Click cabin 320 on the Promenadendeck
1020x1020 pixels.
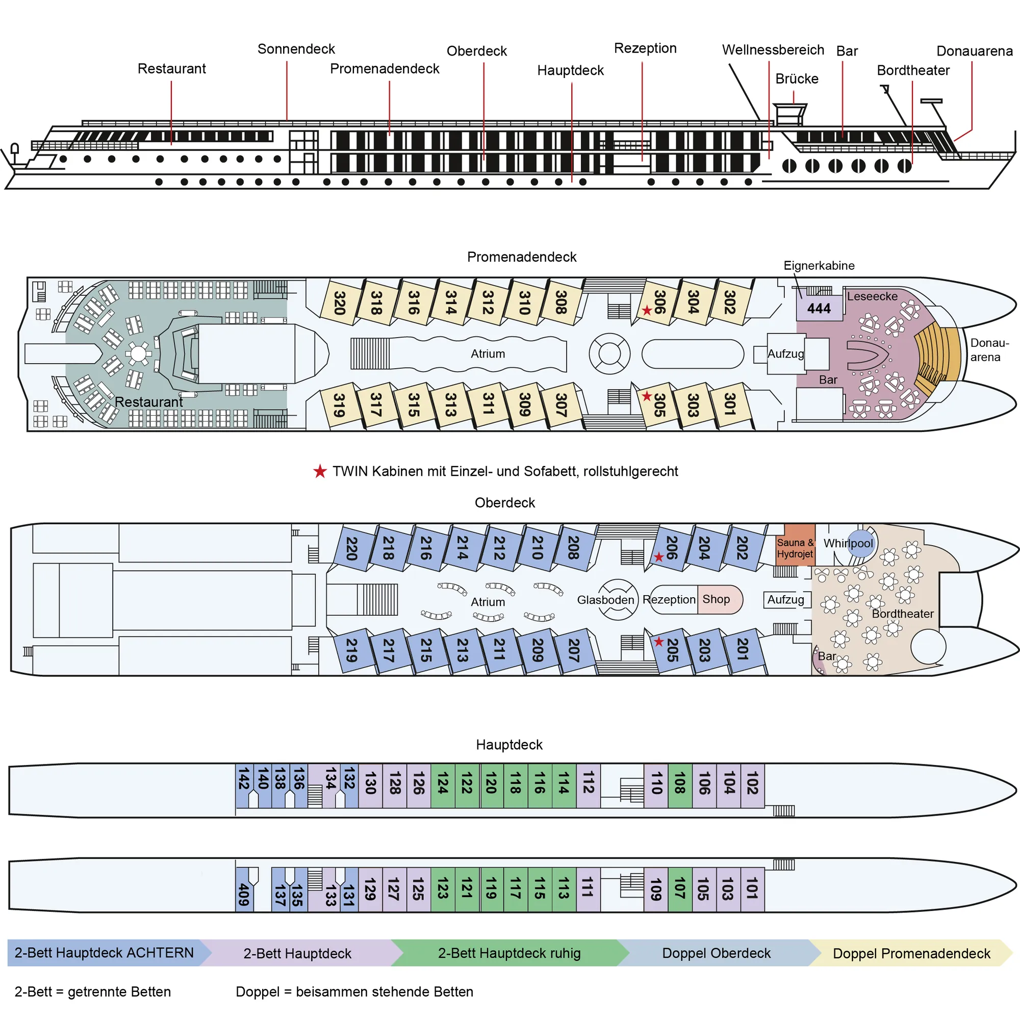pos(340,303)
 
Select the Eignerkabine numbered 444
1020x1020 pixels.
pos(819,309)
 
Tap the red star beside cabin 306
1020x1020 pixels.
pos(647,311)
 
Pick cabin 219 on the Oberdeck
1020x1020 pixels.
pos(351,650)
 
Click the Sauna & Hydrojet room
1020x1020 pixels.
pos(795,548)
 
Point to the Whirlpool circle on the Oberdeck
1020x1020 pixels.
pos(861,543)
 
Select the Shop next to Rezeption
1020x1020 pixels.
pos(717,599)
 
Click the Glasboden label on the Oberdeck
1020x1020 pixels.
pos(605,600)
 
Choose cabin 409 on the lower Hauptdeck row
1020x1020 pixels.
pos(244,895)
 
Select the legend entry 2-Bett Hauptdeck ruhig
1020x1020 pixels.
pos(509,953)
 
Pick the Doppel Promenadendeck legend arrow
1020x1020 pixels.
pos(911,953)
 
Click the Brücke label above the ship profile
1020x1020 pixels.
pos(797,79)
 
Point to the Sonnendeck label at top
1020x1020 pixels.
pos(296,49)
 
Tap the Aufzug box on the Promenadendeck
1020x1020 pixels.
pos(785,354)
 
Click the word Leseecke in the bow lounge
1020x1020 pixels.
pos(872,296)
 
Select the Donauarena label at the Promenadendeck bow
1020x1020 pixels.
pos(989,349)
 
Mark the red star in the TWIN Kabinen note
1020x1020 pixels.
pos(320,471)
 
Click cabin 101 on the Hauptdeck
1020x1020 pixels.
pos(752,888)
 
